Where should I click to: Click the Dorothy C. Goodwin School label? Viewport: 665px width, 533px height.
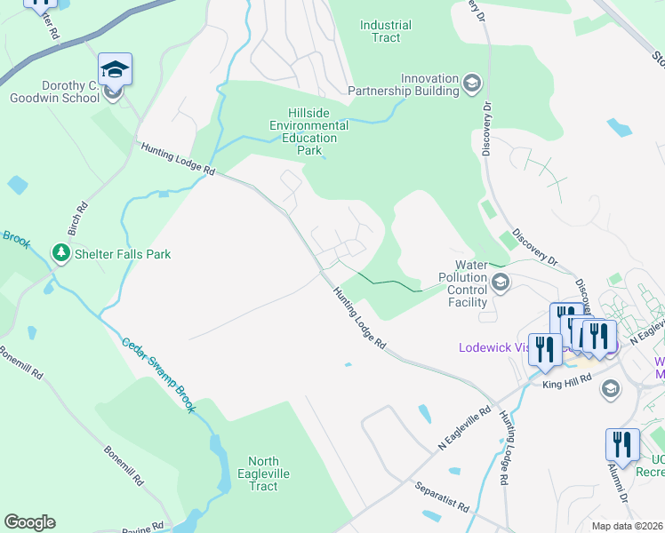[51, 90]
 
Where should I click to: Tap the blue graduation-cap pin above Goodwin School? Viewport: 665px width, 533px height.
[116, 68]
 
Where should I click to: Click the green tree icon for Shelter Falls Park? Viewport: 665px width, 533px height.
[60, 254]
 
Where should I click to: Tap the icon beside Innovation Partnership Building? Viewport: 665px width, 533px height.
[472, 84]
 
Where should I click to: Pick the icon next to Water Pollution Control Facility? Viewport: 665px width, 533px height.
[500, 283]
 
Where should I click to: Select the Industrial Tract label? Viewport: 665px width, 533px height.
[386, 32]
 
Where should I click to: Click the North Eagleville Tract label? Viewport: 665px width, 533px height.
[263, 473]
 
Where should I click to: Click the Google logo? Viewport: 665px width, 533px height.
[29, 522]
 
